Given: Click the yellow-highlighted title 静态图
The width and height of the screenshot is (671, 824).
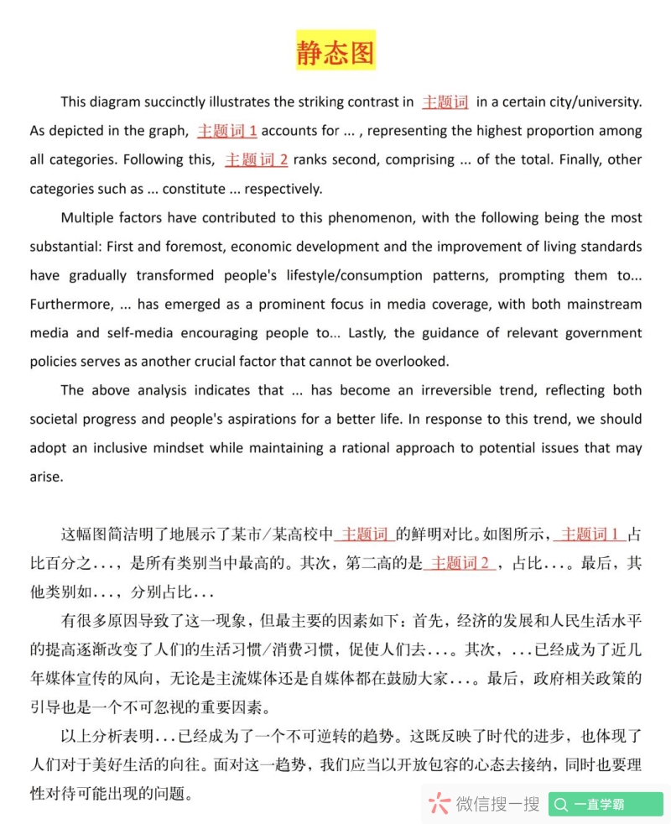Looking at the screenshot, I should point(335,51).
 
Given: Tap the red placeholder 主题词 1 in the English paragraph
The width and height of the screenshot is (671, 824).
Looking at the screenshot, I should point(227,131).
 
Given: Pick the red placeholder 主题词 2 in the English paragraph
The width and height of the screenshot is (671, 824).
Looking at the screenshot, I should point(257,159).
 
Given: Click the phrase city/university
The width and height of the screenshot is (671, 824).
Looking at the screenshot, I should point(593,102).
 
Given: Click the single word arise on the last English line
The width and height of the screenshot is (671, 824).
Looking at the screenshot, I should point(46,477).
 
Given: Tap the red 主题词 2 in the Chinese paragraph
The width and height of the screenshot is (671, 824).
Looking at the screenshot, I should point(460,563).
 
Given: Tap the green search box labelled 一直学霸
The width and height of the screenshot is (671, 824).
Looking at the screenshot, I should point(606,804).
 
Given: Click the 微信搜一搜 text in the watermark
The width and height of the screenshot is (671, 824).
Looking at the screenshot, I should point(497,804).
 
